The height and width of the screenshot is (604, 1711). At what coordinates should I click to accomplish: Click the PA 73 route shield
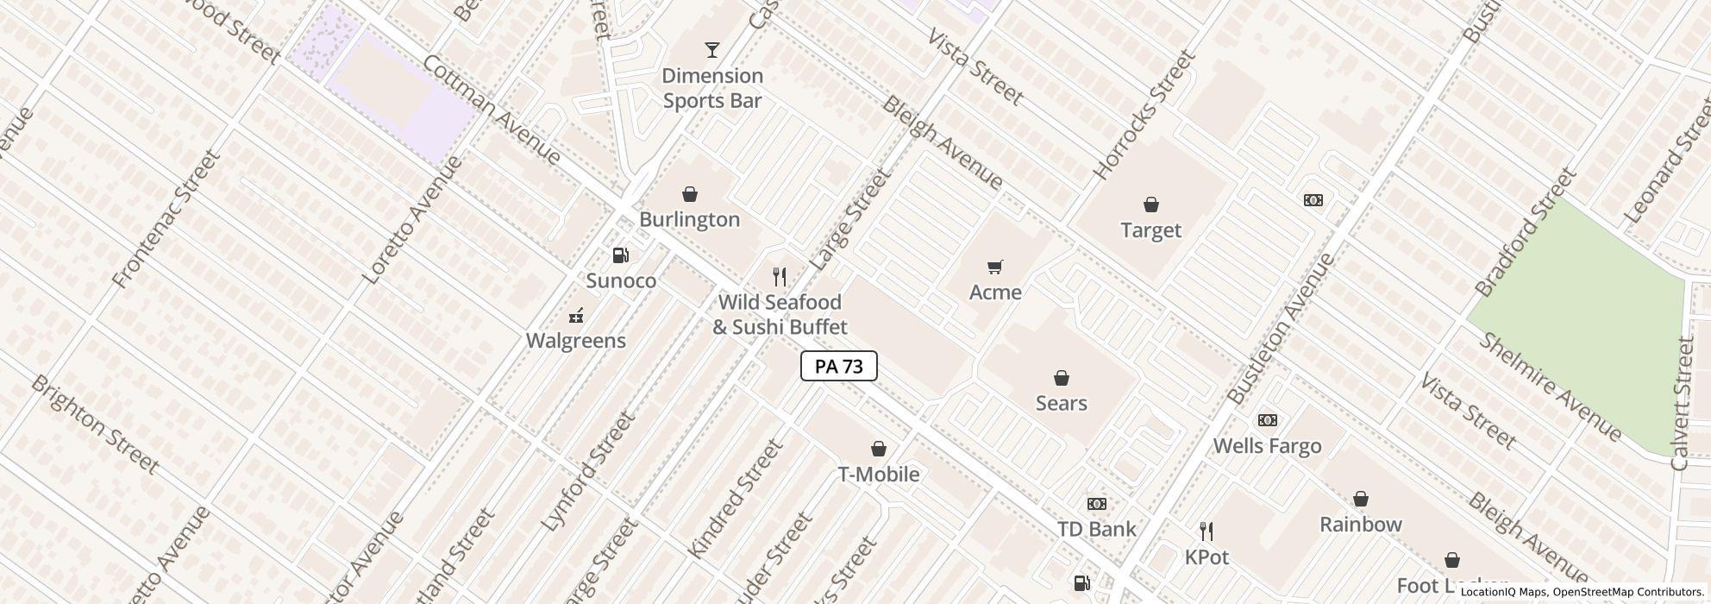tap(838, 366)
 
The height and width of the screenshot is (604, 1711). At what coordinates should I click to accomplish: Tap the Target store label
tap(1150, 230)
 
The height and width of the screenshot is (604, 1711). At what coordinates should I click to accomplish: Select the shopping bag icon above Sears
tap(1061, 378)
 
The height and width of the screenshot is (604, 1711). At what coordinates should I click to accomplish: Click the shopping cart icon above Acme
tap(995, 267)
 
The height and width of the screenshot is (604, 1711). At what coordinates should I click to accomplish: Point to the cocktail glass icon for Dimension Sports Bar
tap(711, 50)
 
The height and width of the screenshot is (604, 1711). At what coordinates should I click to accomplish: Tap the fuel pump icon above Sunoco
tap(620, 255)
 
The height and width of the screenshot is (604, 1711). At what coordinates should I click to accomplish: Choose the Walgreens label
tap(575, 341)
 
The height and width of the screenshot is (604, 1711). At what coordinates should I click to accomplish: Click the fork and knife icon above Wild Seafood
tap(779, 277)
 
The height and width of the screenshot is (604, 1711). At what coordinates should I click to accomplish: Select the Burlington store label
tap(689, 220)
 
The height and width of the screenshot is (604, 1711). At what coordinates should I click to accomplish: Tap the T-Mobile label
tap(878, 475)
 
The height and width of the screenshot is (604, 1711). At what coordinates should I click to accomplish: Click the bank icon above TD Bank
tap(1096, 504)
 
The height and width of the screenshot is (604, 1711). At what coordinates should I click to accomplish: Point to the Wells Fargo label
tap(1267, 446)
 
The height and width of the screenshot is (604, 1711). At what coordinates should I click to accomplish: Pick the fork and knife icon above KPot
tap(1206, 532)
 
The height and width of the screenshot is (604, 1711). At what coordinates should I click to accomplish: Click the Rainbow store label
tap(1360, 525)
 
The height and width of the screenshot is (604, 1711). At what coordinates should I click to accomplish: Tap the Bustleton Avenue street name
tap(1281, 330)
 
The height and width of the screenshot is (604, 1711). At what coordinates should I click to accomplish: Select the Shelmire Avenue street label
tap(1550, 386)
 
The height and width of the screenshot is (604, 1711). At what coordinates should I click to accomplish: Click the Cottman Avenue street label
tap(492, 110)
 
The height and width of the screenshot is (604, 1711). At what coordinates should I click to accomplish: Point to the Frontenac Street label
tap(166, 219)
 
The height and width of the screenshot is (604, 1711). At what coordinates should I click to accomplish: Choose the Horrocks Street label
tap(1144, 115)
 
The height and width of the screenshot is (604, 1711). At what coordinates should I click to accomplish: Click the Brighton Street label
tap(95, 425)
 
